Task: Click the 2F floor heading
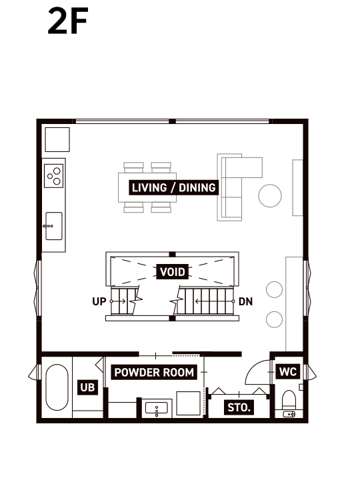click(x=68, y=21)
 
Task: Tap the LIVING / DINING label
click(x=173, y=188)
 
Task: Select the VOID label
click(x=173, y=272)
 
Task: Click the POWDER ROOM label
click(x=154, y=372)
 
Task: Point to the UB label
click(x=87, y=387)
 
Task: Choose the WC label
click(x=288, y=371)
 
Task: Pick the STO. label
click(x=239, y=407)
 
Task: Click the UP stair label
click(x=99, y=301)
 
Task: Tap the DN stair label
click(x=245, y=301)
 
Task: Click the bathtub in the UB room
click(x=57, y=387)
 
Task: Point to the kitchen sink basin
click(x=54, y=226)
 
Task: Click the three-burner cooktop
click(x=53, y=176)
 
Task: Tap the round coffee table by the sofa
click(x=270, y=196)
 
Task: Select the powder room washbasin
click(x=157, y=408)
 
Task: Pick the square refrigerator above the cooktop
click(x=57, y=140)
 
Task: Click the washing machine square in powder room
click(x=188, y=403)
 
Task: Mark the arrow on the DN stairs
click(x=215, y=301)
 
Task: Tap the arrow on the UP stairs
click(x=117, y=301)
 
